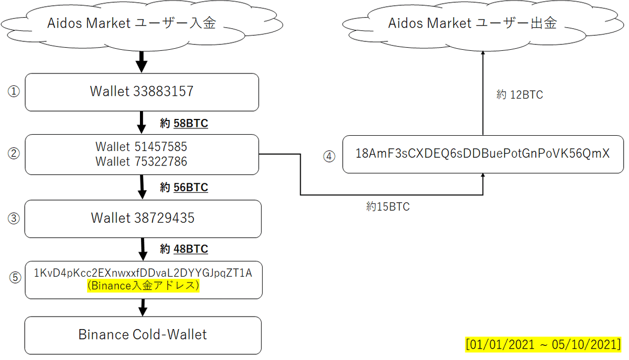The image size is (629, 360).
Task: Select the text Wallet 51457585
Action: coord(141,147)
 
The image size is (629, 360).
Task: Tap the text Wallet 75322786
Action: coord(141,162)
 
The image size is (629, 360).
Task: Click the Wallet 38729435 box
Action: coord(143,218)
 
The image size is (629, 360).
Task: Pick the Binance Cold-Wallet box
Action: coord(143,335)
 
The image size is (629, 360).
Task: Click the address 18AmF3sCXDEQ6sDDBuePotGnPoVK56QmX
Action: coord(482,154)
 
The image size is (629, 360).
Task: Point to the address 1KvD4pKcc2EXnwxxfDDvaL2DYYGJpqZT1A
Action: coord(143,274)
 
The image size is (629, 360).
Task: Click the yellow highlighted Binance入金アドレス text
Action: coord(143,287)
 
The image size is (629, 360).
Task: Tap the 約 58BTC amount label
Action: coord(184,124)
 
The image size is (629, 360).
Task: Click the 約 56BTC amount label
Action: coord(184,188)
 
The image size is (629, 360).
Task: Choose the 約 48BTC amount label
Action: coord(184,249)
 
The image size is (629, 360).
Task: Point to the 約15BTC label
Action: coord(388,207)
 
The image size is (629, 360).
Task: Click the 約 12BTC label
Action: coord(519,95)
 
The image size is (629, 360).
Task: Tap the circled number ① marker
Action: coord(13,92)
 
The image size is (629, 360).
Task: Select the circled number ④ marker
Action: coord(329,156)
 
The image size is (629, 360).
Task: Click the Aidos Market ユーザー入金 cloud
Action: coord(131,24)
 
